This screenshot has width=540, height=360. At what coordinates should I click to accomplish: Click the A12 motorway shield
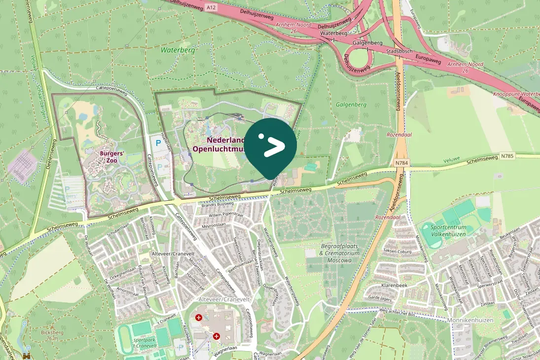click(x=211, y=7)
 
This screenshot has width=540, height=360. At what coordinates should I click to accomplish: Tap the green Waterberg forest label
click(x=178, y=50)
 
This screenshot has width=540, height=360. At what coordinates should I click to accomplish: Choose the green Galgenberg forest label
click(x=351, y=105)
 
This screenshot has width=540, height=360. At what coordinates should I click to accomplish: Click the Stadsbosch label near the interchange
click(x=398, y=51)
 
